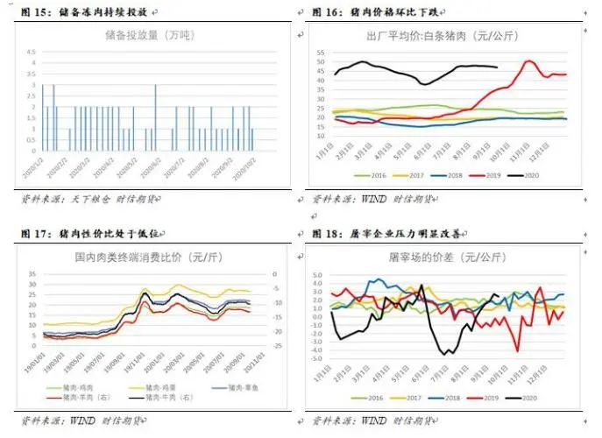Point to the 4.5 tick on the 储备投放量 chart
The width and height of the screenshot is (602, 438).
tap(32, 51)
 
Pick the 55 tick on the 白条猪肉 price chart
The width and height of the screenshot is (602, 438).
tap(321, 53)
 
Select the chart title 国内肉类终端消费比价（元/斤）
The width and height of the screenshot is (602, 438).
tap(147, 258)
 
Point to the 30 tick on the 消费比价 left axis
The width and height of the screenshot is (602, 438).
tap(32, 272)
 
